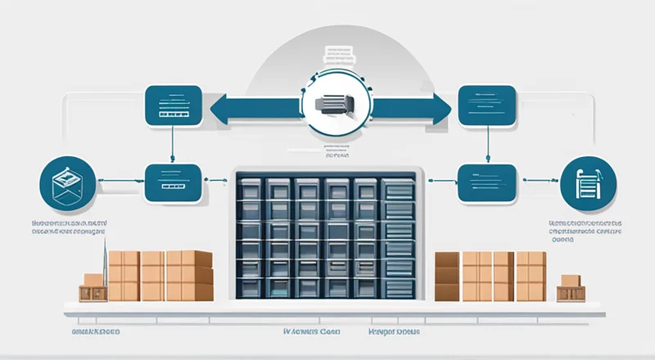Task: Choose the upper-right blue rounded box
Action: (x=486, y=105)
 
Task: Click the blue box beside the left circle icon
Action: (x=172, y=182)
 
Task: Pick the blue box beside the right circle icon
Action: (x=486, y=183)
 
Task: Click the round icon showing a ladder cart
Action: (x=588, y=184)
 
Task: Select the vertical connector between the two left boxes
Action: (x=173, y=145)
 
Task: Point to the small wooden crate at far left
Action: (x=92, y=287)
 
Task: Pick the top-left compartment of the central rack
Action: (x=249, y=189)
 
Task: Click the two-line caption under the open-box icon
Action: (x=69, y=227)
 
